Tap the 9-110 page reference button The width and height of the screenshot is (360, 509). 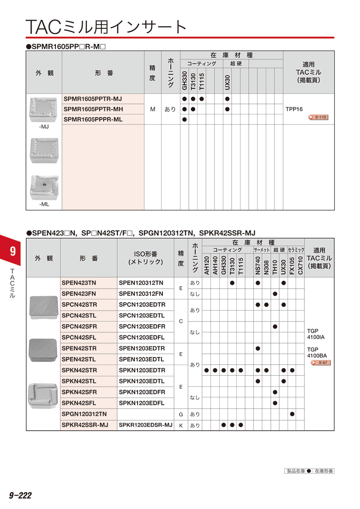[x=318, y=117]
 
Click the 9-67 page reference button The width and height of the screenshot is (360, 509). [x=321, y=363]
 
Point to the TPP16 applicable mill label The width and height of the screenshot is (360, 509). [x=294, y=109]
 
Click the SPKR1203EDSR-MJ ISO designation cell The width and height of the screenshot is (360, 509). [x=146, y=425]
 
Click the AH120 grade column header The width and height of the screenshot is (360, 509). [x=206, y=265]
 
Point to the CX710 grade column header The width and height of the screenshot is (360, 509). [x=300, y=265]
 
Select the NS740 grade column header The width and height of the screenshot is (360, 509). [x=258, y=265]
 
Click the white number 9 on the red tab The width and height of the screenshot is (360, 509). [x=12, y=251]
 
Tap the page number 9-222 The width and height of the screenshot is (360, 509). [x=20, y=495]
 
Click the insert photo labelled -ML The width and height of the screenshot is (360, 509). [x=44, y=187]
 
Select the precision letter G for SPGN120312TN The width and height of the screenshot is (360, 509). [x=181, y=414]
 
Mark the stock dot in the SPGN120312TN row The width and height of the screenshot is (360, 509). [x=292, y=414]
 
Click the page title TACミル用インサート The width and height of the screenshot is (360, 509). [x=106, y=27]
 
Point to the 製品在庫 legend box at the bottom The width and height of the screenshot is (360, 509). [x=308, y=471]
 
